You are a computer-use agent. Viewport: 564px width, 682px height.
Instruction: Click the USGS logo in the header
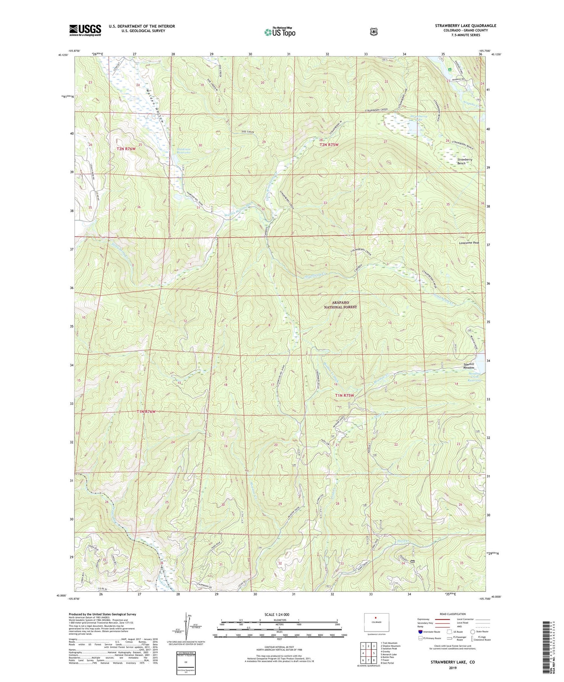click(85, 30)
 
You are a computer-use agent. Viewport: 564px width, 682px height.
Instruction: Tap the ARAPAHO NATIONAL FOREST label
click(340, 305)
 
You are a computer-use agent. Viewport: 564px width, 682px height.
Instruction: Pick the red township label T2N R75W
click(329, 145)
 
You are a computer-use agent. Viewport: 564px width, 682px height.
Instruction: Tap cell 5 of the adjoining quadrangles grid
click(374, 653)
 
